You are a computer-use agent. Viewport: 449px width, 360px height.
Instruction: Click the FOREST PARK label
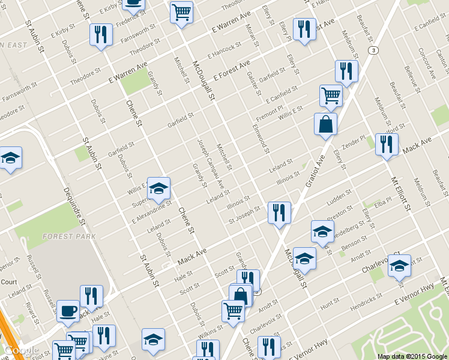pos(61,236)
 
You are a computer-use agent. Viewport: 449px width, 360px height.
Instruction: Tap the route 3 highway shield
pos(373,50)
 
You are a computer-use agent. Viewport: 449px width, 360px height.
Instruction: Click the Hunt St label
pos(330,307)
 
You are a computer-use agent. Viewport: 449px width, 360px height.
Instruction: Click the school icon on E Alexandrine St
pos(158,188)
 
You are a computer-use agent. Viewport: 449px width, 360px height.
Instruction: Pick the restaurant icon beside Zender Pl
pos(387,144)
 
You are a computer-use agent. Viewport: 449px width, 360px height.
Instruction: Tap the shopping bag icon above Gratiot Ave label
pos(325,124)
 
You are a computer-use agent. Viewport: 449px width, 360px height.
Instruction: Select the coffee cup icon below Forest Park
pos(68,311)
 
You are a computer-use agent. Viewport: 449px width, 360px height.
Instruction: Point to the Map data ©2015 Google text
pos(412,356)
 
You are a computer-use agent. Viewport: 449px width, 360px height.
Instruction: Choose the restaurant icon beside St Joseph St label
pos(279,212)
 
